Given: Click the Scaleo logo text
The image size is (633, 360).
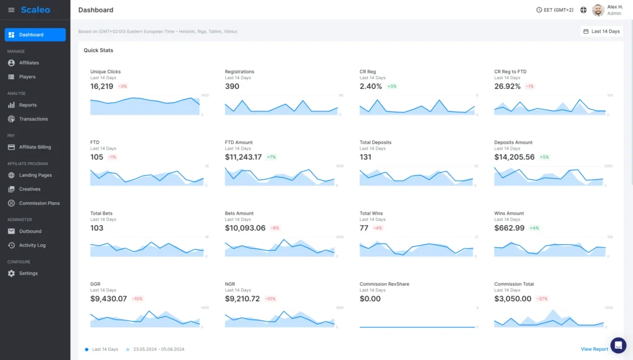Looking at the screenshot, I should coord(35,10).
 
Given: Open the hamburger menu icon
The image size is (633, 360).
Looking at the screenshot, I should coord(11,10).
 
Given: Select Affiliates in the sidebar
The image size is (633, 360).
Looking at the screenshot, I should coord(28,62).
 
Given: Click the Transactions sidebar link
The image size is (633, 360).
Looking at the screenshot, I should coord(33,119).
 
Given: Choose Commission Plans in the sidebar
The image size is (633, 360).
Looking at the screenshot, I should coord(39,203).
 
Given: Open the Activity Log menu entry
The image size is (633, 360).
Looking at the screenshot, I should coord(32,245).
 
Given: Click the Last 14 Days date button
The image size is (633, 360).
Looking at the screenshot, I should coord(601,31).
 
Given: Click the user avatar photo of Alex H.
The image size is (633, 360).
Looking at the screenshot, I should coord(598,10).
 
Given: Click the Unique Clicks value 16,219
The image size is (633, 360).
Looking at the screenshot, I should coord(101,87).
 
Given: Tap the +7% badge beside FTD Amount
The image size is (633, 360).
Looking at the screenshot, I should coord(271,157).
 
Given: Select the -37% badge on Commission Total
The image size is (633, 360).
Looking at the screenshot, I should coord(542,299).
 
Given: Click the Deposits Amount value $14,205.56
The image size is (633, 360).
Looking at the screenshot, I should coord(514,157).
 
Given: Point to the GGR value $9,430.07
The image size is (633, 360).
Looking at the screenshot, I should coord(108,299).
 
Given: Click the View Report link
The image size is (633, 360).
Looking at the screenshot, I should coord(594,349).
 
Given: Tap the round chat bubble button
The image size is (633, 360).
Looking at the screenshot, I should coord(618,345).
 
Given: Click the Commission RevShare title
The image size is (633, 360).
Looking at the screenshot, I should coord(384,284).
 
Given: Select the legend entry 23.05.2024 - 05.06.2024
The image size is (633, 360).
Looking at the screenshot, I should coord(158,349).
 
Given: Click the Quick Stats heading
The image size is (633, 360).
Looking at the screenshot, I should coord(98,50).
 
